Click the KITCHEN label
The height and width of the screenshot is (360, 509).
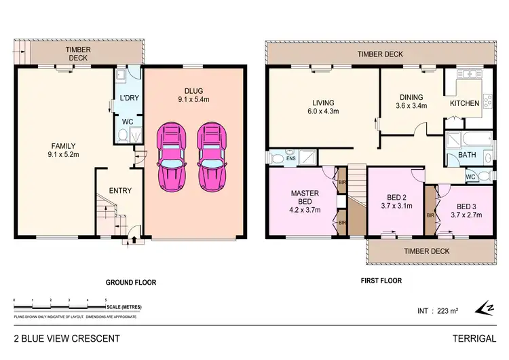click(x=465, y=104)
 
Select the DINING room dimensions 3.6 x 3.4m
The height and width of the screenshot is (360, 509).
click(x=412, y=106)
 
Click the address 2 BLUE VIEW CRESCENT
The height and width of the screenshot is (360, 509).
click(x=67, y=338)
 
